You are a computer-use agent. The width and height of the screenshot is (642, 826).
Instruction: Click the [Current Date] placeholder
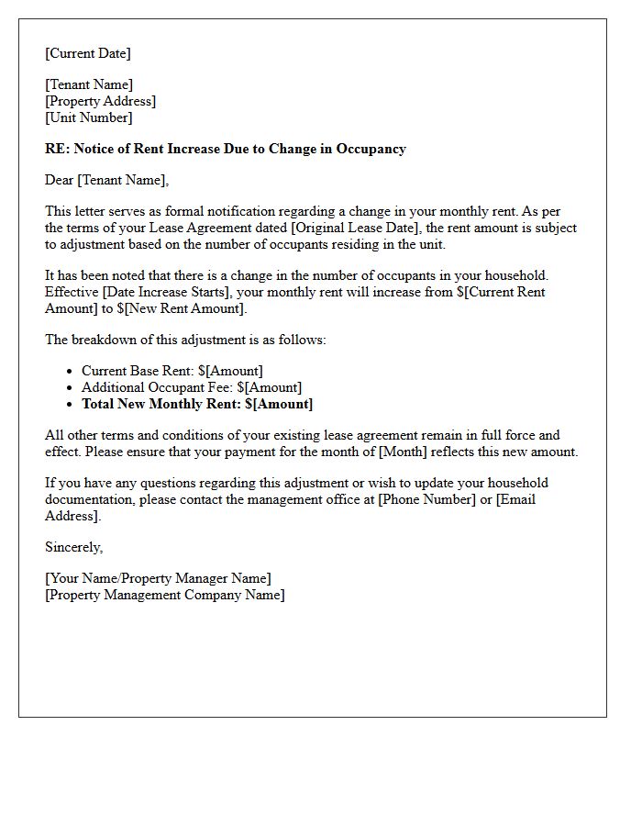(88, 53)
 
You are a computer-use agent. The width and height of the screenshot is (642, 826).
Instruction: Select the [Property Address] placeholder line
(101, 101)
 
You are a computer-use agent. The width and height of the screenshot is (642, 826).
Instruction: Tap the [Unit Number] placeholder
(89, 117)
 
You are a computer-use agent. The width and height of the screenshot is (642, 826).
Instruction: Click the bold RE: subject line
(226, 149)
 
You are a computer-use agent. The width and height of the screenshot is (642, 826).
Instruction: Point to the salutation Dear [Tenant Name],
(107, 180)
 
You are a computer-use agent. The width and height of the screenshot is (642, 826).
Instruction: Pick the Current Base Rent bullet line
(172, 371)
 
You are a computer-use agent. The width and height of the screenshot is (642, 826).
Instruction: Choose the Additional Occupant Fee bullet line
(192, 387)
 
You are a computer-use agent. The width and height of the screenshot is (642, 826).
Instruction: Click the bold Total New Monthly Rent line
(197, 404)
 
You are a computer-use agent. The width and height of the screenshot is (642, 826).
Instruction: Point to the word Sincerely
(73, 547)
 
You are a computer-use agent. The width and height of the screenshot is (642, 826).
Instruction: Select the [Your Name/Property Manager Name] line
(158, 578)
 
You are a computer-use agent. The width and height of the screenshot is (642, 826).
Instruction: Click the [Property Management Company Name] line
(165, 595)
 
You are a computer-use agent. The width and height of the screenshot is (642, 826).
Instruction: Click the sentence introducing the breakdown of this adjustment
(185, 340)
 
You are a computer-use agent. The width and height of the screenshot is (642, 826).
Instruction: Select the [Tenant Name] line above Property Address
(89, 84)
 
